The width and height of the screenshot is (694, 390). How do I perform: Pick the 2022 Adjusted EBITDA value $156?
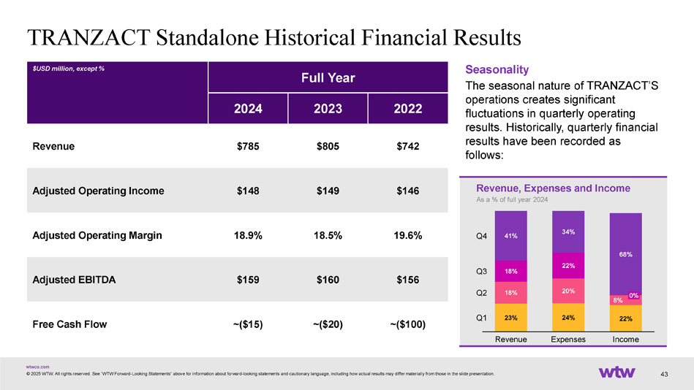tap(407, 280)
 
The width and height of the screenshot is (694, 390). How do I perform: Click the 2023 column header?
tap(328, 110)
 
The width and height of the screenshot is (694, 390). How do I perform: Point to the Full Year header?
tap(328, 77)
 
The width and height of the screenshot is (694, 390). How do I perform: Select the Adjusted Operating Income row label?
tap(99, 191)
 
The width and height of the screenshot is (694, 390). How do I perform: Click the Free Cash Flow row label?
tap(70, 324)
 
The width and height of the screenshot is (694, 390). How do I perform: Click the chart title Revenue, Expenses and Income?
tap(553, 188)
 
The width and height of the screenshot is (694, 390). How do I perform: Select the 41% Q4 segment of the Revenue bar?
tap(510, 236)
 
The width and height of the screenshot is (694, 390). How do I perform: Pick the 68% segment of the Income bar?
tap(625, 254)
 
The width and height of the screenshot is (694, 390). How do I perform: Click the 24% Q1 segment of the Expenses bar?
tap(567, 318)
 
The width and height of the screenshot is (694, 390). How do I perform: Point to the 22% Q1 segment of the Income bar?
tap(625, 318)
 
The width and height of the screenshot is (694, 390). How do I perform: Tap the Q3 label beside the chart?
tap(481, 272)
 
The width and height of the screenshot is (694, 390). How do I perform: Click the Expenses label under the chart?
tap(567, 340)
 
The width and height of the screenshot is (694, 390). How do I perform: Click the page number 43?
tap(665, 375)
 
